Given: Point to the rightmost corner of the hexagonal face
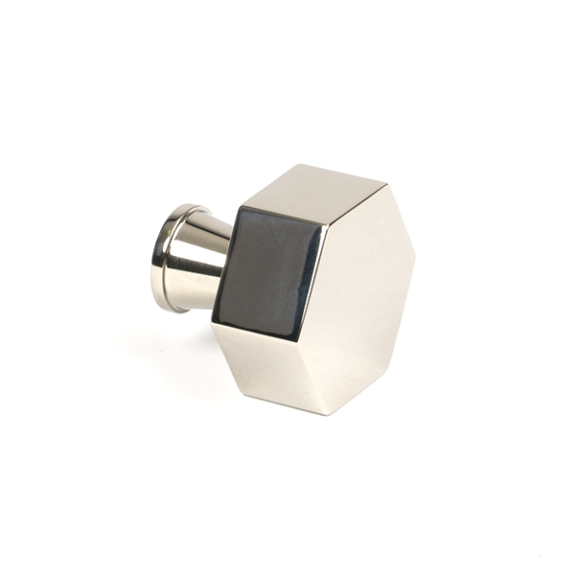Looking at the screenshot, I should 415,254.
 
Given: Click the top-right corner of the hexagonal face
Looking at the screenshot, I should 387,182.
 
